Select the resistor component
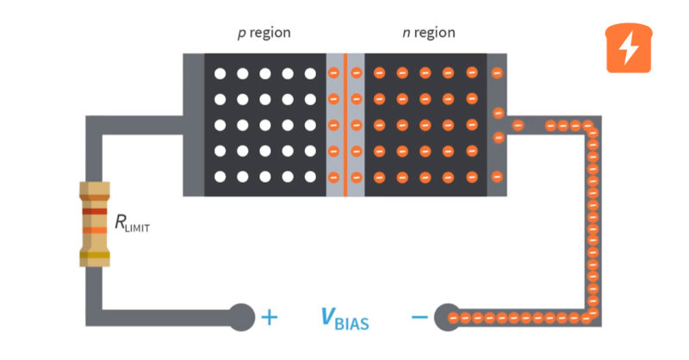coord(93,221)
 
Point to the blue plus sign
coord(270,317)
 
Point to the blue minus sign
coord(419,317)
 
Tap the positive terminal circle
coord(241,317)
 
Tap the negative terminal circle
coord(447,317)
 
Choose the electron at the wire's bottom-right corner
coord(593,316)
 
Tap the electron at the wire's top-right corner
coord(591,127)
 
